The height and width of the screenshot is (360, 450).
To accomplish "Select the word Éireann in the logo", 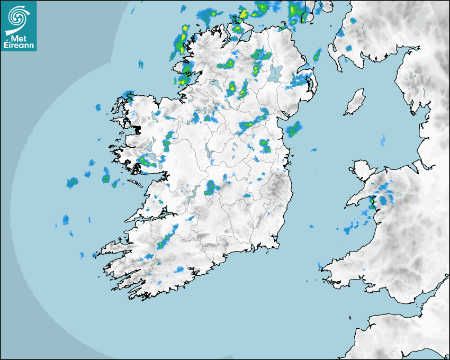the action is [19, 46].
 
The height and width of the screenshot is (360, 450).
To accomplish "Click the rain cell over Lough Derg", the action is [211, 187].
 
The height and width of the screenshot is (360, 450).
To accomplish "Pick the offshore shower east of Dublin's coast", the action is [293, 129].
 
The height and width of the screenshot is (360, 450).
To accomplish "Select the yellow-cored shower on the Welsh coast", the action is [372, 201].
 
